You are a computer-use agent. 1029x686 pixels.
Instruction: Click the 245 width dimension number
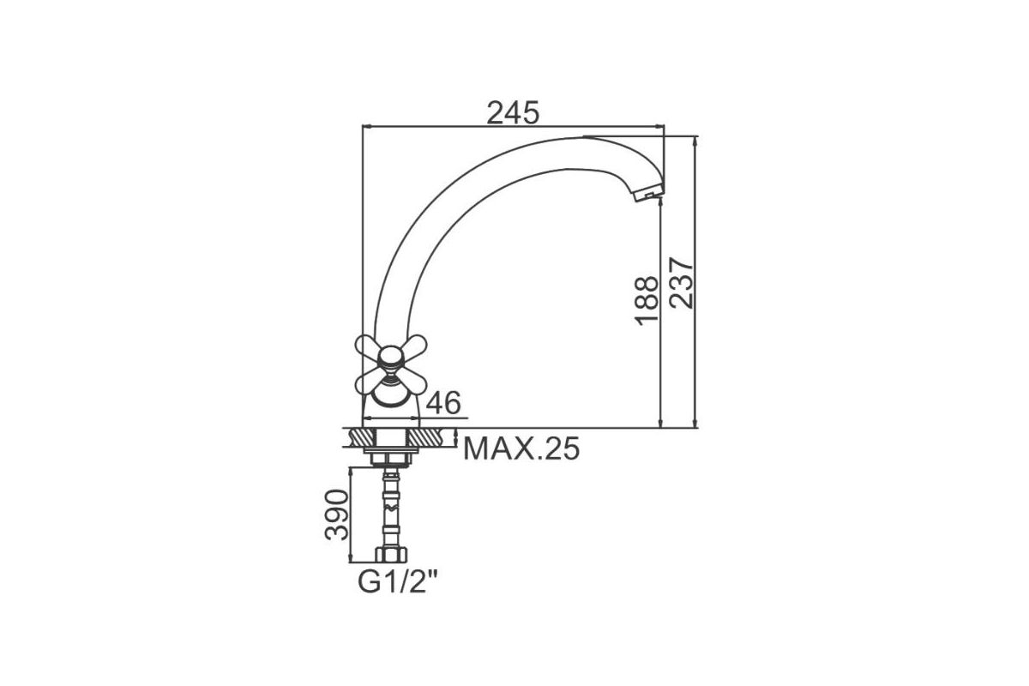coord(513,112)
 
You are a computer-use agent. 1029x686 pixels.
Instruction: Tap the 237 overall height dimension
coord(681,283)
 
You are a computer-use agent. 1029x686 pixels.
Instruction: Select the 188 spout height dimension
coord(647,301)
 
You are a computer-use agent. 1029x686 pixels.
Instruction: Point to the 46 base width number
coord(443,403)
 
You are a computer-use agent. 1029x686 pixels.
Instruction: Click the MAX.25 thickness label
coord(521,448)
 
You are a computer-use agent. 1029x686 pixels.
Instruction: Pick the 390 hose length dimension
coord(337,514)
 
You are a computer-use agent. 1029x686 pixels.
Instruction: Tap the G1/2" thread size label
coord(397,582)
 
